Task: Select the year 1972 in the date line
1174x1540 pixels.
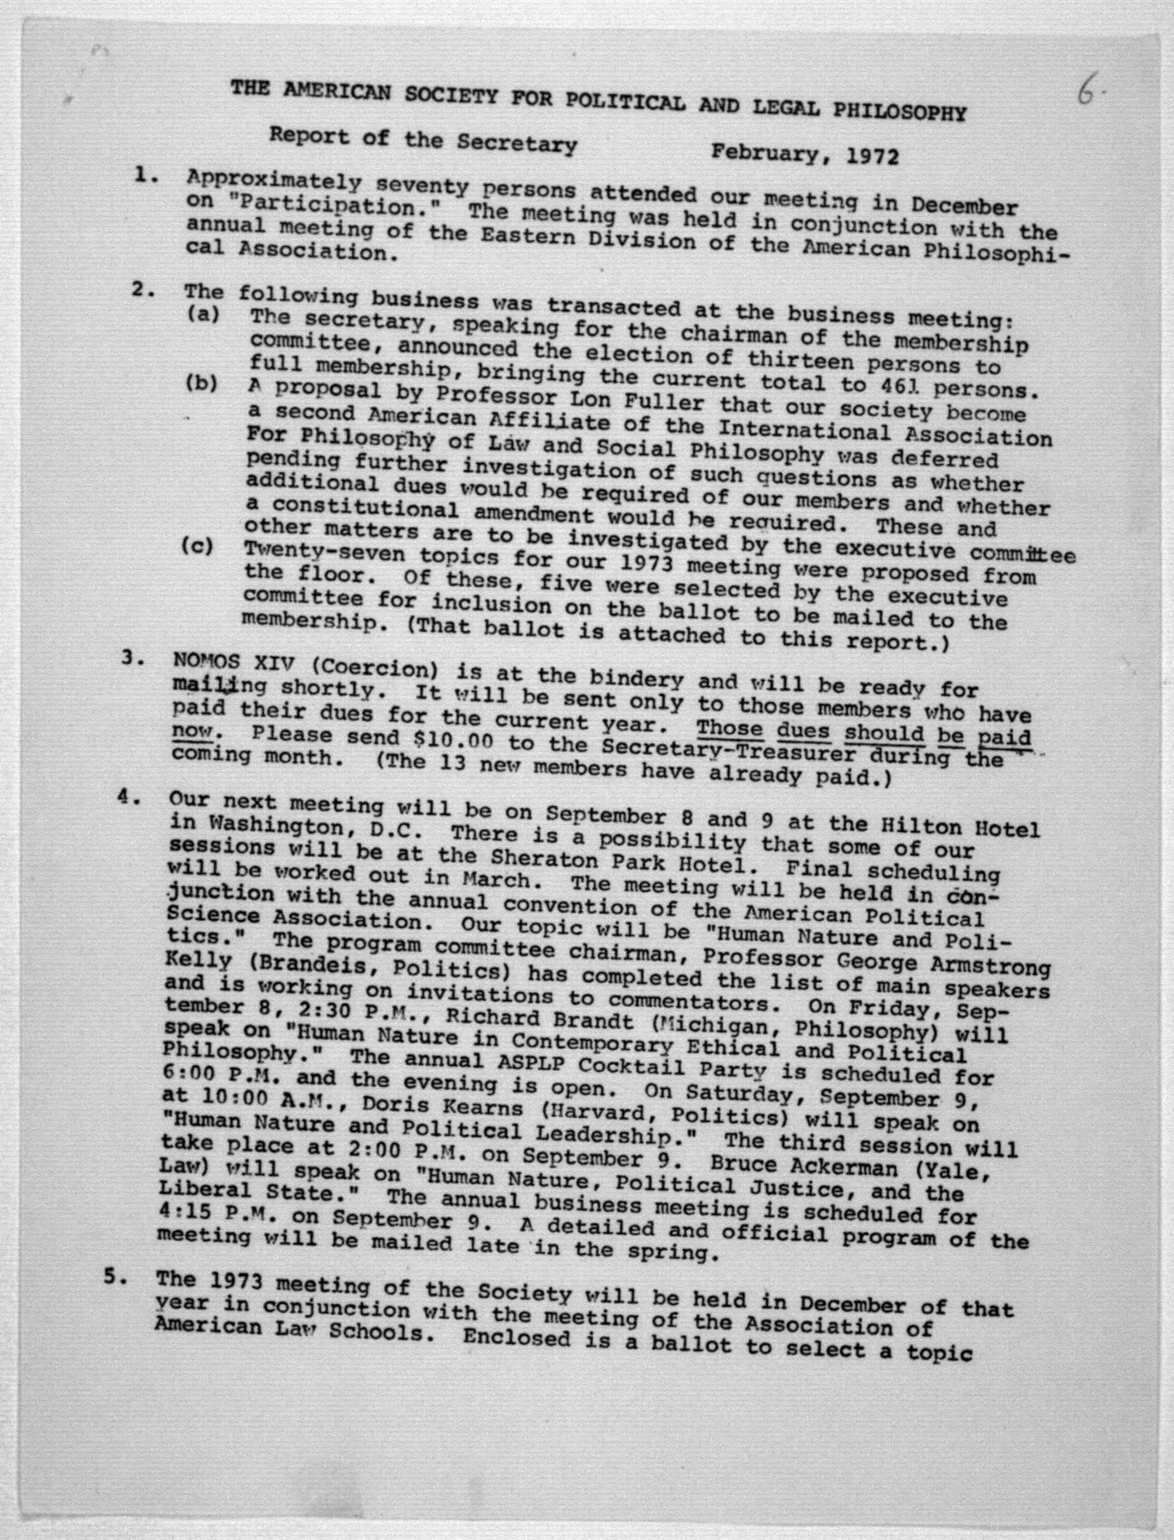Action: click(872, 155)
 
